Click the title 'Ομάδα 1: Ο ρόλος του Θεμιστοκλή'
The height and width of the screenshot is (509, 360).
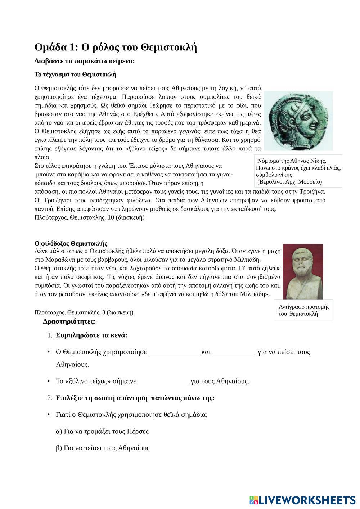[x=116, y=47]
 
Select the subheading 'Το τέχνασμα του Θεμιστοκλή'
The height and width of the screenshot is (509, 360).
[x=75, y=75]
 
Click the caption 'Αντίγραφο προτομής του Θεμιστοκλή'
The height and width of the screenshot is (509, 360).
[x=303, y=310]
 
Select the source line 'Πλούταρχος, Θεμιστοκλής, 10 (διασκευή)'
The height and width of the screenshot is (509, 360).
[x=89, y=217]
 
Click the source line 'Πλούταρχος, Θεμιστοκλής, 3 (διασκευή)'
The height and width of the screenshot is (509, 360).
[x=84, y=312]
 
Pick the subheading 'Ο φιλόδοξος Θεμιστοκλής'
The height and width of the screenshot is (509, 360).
[x=71, y=243]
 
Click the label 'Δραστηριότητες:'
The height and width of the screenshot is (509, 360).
[x=69, y=321]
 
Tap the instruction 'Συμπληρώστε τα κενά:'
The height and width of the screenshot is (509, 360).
[x=91, y=335]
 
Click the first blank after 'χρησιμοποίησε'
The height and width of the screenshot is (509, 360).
[x=174, y=352]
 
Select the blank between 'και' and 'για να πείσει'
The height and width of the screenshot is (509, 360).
[x=234, y=352]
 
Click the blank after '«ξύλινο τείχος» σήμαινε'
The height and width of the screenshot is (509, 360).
[x=163, y=382]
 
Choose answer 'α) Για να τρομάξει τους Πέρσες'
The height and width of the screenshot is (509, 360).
[x=102, y=431]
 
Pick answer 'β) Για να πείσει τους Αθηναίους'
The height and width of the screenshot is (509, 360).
[x=103, y=448]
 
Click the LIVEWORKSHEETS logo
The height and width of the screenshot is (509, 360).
[x=302, y=500]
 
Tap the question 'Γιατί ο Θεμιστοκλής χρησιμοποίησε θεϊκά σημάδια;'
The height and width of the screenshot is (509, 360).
[x=132, y=414]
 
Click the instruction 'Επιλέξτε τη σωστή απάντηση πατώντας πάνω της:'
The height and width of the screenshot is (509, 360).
[x=135, y=398]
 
